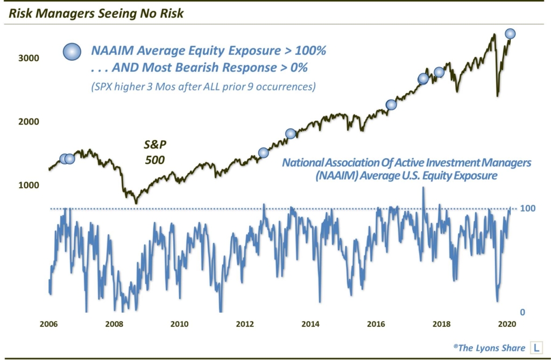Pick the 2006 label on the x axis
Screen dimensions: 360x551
pos(48,324)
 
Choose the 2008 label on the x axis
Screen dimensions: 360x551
pos(114,324)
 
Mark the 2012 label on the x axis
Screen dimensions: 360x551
pos(245,324)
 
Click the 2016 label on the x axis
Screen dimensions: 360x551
pos(376,324)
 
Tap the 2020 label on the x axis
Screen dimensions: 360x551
pos(507,324)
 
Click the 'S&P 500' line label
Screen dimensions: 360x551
pos(153,152)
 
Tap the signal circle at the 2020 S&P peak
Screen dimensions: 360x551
pos(510,34)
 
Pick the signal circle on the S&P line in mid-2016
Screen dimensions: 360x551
pos(391,105)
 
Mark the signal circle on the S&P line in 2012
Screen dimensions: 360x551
pos(263,153)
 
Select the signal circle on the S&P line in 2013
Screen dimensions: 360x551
pos(291,133)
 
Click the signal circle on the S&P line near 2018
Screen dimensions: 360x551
pos(439,72)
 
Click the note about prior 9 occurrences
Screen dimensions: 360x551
pos(203,86)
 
